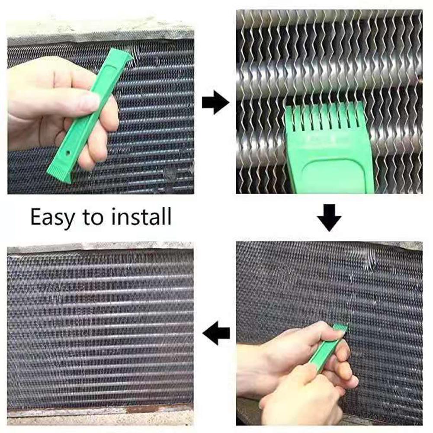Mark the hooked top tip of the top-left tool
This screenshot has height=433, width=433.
click(x=127, y=54)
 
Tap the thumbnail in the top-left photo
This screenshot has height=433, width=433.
click(x=91, y=102)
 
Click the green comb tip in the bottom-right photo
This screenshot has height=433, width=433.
click(x=340, y=329)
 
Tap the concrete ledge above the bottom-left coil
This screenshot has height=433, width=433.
click(x=99, y=247)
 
